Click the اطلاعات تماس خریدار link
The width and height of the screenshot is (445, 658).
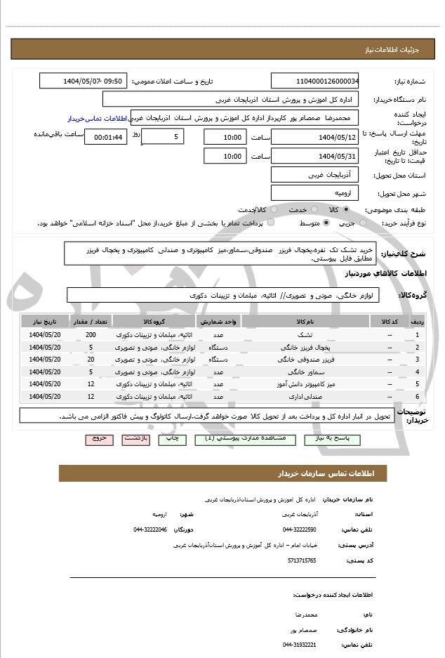(x=99, y=119)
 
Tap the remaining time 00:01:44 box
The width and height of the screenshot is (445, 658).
(x=106, y=138)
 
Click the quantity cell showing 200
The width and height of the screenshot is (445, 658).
(x=91, y=335)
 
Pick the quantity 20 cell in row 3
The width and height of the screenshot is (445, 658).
(x=91, y=360)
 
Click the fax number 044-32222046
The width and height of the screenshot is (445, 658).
(x=150, y=529)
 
